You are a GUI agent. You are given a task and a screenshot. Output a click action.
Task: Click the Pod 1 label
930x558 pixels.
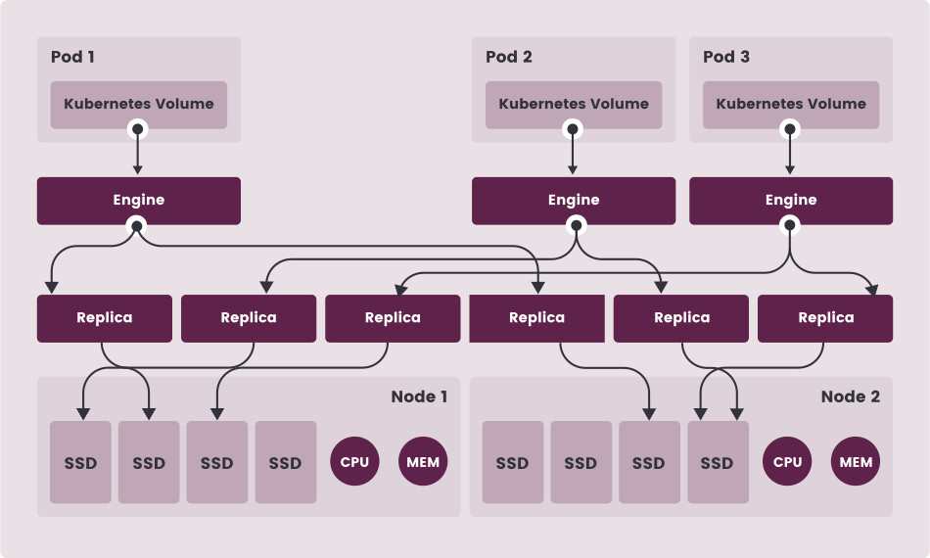72,57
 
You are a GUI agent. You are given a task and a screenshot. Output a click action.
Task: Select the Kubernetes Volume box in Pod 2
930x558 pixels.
574,104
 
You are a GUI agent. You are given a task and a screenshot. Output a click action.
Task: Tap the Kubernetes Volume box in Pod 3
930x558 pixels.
791,104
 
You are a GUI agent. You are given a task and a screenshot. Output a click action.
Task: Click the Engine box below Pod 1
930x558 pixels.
139,201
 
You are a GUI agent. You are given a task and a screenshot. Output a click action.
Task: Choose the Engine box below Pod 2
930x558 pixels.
574,201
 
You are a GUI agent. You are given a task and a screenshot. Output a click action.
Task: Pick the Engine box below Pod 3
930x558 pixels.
791,201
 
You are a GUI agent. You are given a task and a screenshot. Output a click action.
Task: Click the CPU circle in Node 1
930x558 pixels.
354,462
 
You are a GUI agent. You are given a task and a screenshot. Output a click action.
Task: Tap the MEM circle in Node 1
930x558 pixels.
423,462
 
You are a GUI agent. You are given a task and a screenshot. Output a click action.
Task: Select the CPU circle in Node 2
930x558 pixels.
787,462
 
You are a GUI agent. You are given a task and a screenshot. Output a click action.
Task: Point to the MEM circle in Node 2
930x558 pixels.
856,462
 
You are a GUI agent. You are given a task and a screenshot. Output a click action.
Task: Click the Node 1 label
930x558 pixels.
419,396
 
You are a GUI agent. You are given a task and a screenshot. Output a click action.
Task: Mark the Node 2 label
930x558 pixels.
850,396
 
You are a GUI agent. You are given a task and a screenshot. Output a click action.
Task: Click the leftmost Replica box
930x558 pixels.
105,318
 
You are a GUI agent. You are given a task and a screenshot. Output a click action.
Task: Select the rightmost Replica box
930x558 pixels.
825,318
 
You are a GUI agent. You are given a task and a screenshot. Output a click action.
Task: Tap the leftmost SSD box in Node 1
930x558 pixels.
81,463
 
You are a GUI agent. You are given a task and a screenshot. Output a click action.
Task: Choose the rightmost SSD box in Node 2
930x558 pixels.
718,463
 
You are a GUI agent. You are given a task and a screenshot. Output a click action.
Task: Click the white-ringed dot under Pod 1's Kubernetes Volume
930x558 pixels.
138,128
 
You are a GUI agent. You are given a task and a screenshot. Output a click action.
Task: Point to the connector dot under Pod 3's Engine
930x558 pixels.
791,226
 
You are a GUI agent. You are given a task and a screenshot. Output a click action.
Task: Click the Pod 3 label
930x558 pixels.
726,57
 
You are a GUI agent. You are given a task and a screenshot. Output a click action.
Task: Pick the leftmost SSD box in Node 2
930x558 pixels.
512,463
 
